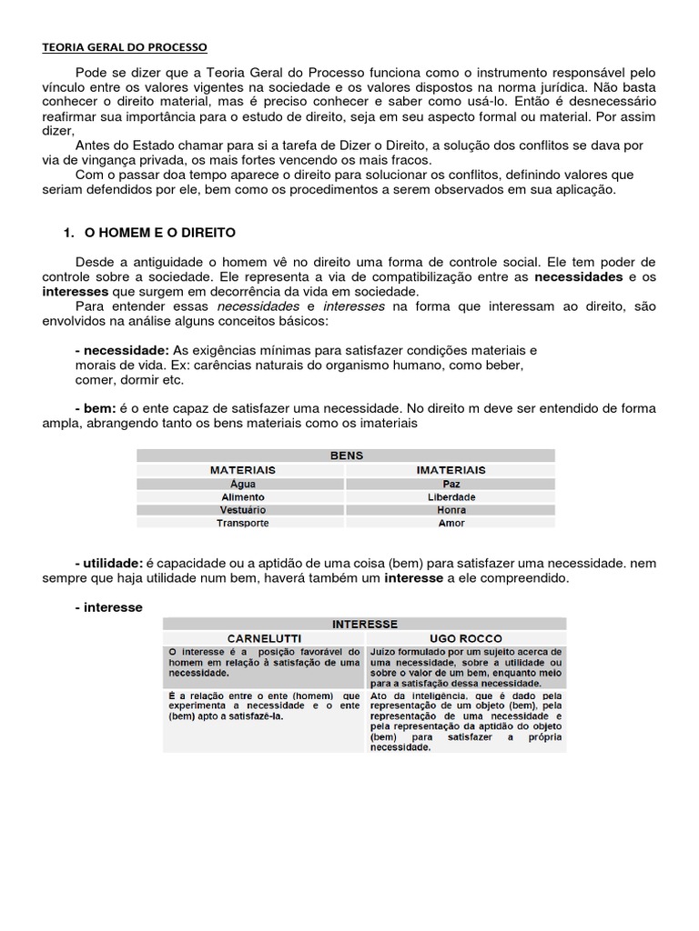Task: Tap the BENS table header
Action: pos(346,455)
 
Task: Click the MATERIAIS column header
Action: pos(243,470)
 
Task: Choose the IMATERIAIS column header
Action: pos(451,470)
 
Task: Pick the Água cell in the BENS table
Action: pos(243,485)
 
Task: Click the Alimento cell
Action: pos(243,497)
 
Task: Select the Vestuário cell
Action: pos(243,510)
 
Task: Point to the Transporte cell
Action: pos(243,523)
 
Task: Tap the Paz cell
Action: pos(451,485)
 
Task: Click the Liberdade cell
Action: pos(451,497)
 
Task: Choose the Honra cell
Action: pos(451,510)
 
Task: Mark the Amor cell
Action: pos(451,523)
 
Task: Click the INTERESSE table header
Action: pos(364,624)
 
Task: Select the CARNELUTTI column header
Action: pos(264,638)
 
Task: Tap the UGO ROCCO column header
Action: pos(465,638)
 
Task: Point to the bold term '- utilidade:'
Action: pos(109,564)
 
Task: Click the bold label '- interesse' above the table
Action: pos(109,607)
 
